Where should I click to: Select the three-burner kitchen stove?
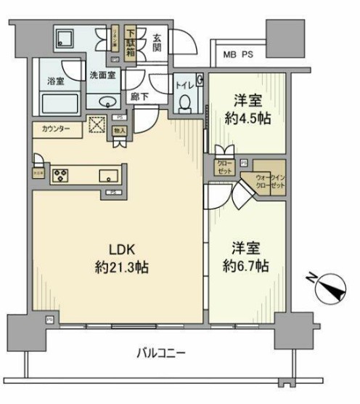[x=60, y=175]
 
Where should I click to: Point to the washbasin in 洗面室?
[x=105, y=100]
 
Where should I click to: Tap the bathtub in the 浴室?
[x=56, y=100]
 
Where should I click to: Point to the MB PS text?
[x=238, y=54]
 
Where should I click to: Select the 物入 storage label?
[x=120, y=131]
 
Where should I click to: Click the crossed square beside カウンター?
[x=96, y=126]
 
